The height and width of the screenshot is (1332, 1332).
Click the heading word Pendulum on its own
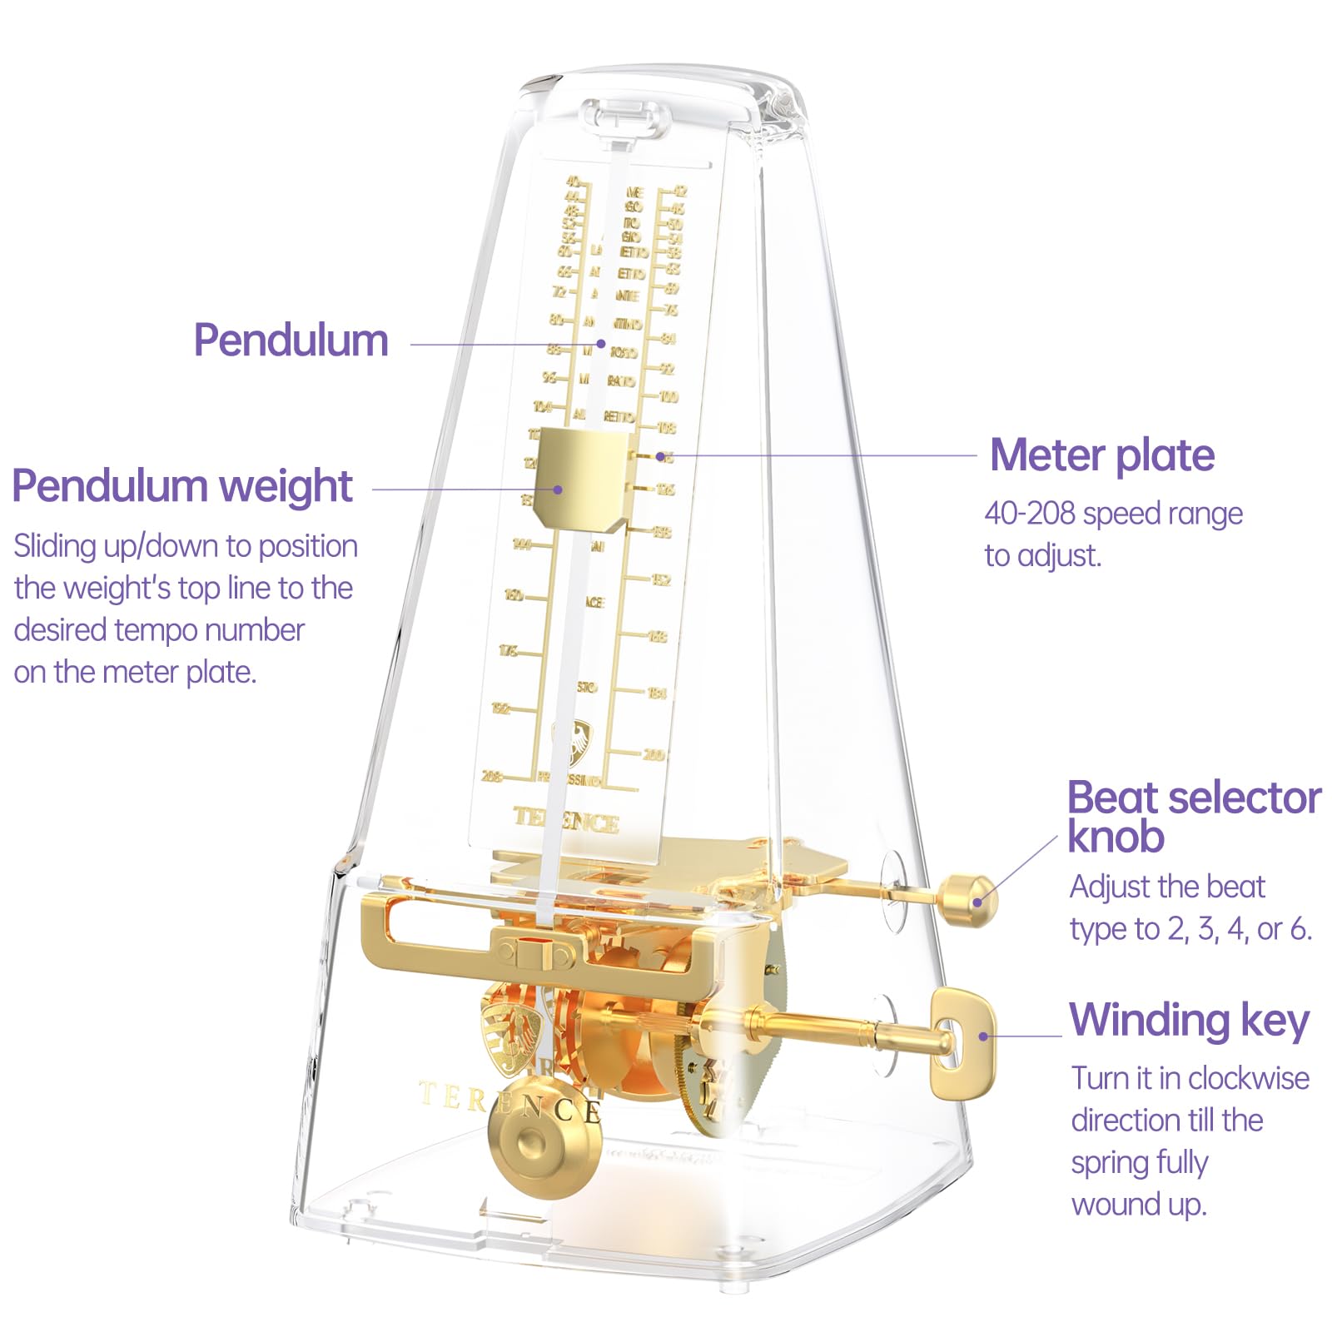pyautogui.click(x=291, y=340)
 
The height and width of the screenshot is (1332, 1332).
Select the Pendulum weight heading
pyautogui.click(x=182, y=486)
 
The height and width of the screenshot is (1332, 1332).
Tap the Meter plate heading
pyautogui.click(x=1101, y=455)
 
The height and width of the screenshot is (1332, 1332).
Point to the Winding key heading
pyautogui.click(x=1190, y=1021)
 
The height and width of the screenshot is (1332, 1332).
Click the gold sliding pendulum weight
pyautogui.click(x=581, y=479)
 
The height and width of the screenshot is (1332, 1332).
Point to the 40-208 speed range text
pyautogui.click(x=1113, y=514)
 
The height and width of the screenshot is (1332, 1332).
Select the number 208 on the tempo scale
pyautogui.click(x=492, y=776)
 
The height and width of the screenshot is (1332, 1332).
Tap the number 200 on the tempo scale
pyautogui.click(x=654, y=754)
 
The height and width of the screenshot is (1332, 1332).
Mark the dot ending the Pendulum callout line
pyautogui.click(x=600, y=343)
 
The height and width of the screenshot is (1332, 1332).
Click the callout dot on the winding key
pyautogui.click(x=983, y=1036)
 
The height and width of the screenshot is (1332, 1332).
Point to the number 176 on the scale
pyautogui.click(x=508, y=650)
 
